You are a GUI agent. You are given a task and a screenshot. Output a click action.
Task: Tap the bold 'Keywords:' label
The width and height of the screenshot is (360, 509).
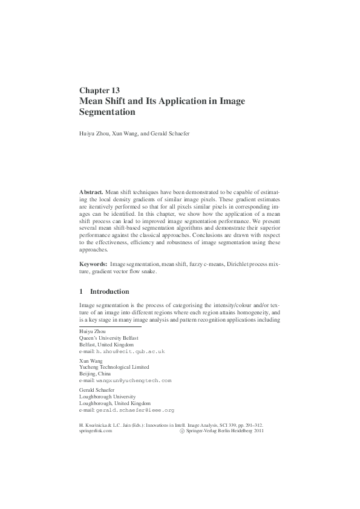94,264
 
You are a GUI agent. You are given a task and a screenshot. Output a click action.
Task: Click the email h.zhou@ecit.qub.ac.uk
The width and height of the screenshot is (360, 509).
130,351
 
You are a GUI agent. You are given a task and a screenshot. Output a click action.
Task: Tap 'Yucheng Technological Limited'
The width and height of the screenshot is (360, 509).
114,366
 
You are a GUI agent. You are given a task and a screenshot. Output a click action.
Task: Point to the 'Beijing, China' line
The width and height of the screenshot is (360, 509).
97,374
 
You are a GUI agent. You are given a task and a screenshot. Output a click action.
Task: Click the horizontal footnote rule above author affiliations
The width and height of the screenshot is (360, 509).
110,327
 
